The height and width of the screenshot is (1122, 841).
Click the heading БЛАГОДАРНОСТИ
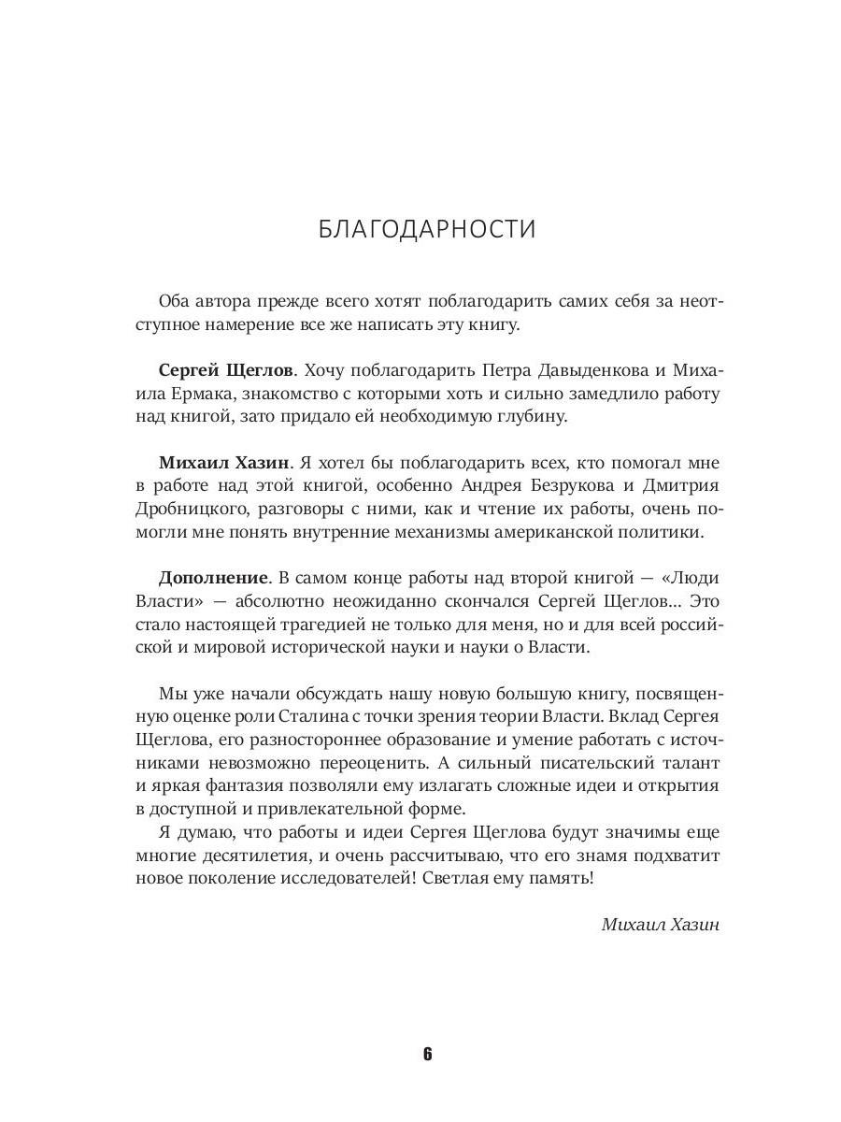[x=426, y=229]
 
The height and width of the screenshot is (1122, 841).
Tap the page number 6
[x=427, y=1054]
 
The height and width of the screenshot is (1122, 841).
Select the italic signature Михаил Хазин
[x=662, y=924]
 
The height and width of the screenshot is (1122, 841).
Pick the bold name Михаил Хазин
[x=211, y=462]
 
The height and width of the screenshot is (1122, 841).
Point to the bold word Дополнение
[x=203, y=578]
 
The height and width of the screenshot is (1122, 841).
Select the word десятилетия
[x=252, y=856]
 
